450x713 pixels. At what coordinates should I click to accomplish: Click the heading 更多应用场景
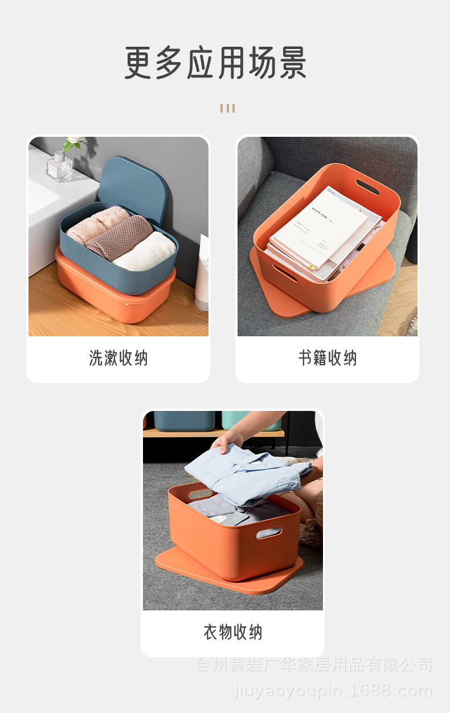[x=216, y=63]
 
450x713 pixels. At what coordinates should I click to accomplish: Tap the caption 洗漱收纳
[x=118, y=358]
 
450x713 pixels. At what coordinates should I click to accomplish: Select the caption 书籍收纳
[x=328, y=358]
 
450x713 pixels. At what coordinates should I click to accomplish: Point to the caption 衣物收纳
[x=232, y=632]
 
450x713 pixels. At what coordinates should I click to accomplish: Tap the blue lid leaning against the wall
[x=134, y=186]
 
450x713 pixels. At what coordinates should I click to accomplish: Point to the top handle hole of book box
[x=367, y=187]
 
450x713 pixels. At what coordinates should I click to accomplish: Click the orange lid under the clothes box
[x=228, y=576]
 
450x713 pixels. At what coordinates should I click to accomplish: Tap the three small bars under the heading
[x=227, y=108]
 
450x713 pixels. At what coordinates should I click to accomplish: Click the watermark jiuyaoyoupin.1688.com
[x=333, y=691]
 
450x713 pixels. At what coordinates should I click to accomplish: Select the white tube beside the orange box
[x=202, y=274]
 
